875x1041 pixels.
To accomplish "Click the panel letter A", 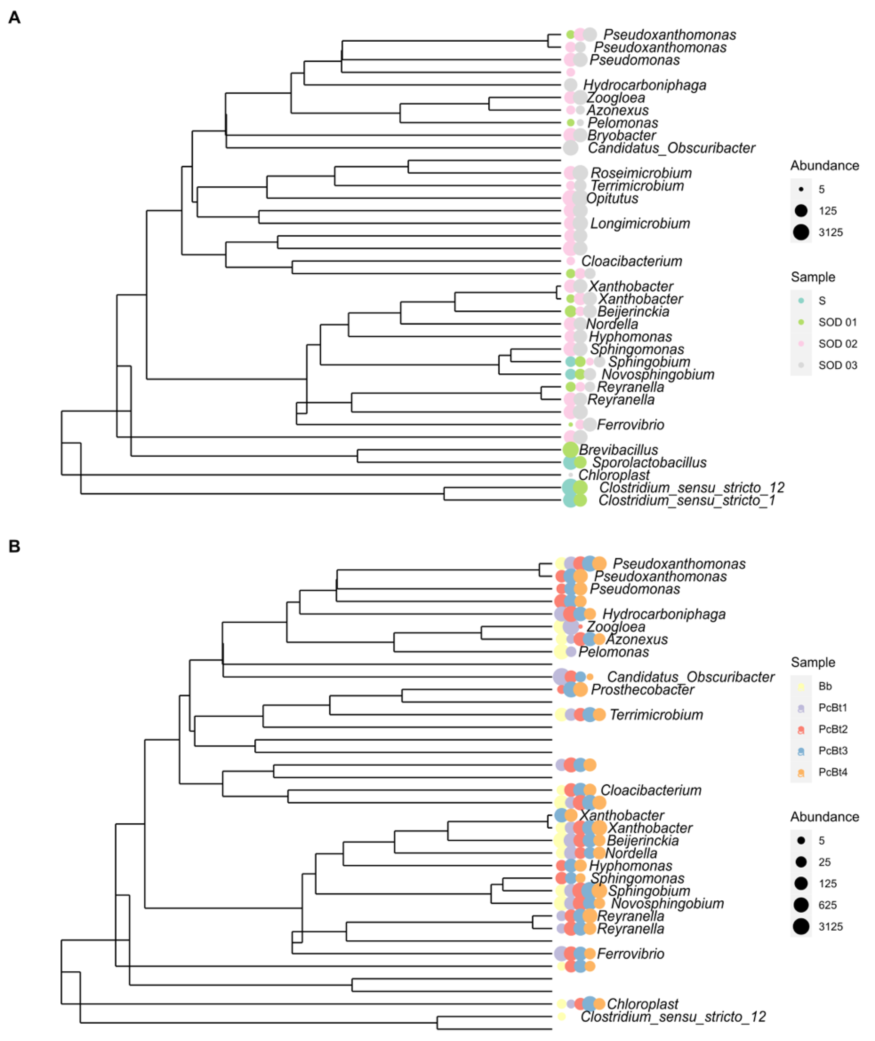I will [14, 18].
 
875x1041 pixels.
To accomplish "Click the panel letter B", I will [14, 546].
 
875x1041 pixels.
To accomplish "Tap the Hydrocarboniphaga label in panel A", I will [644, 85].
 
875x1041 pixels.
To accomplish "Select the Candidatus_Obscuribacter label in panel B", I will [690, 677].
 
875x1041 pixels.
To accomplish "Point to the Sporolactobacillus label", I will [649, 462].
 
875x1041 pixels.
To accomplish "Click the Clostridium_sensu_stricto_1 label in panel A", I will [686, 501].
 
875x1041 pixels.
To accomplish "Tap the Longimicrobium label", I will [640, 224].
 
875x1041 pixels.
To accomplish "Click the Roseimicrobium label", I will [641, 173].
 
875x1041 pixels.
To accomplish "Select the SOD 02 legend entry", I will [837, 344].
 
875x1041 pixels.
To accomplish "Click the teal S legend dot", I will [801, 301].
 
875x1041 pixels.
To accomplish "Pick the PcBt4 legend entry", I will [832, 772].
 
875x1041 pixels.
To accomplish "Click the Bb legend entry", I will [825, 686].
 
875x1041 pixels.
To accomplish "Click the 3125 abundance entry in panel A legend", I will [830, 232].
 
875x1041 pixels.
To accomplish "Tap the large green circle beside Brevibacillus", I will [570, 450].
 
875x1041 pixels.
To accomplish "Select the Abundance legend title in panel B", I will [825, 817].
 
